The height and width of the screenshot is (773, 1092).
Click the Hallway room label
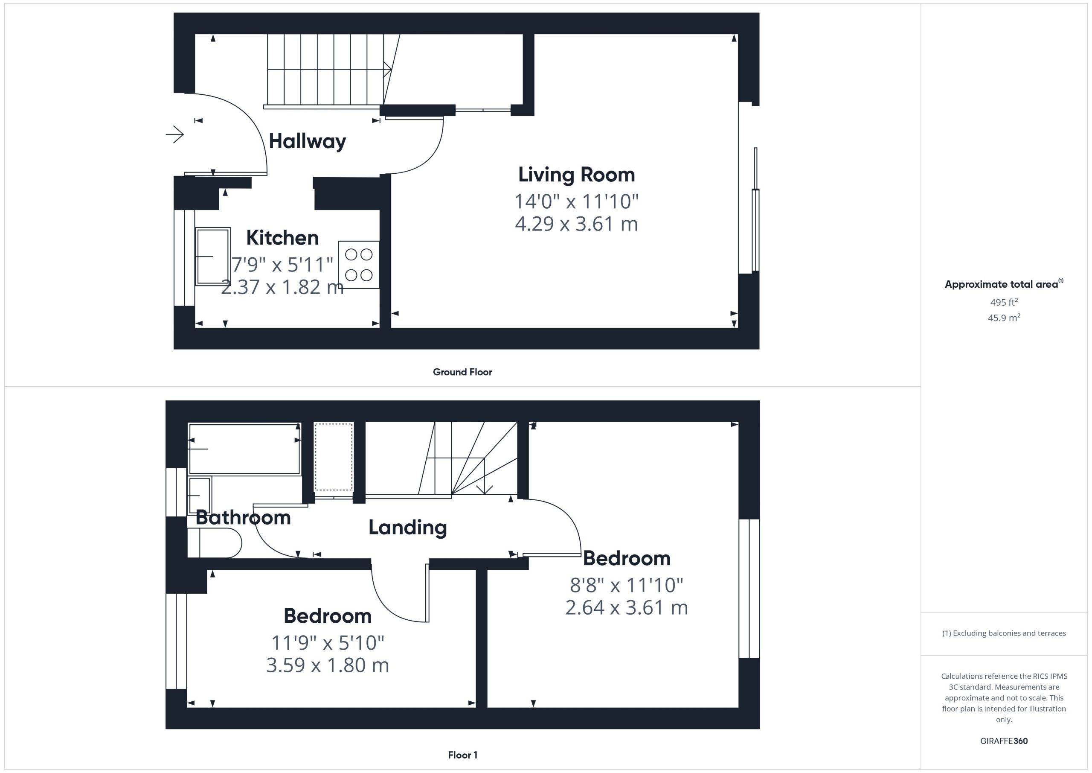pyautogui.click(x=307, y=141)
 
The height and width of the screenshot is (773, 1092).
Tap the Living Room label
pyautogui.click(x=576, y=175)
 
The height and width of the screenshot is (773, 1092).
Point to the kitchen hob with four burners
pyautogui.click(x=359, y=265)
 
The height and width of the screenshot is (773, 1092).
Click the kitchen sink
pyautogui.click(x=212, y=257)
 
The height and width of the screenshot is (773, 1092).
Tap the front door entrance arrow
pyautogui.click(x=174, y=135)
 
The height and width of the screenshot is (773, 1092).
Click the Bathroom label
pyautogui.click(x=243, y=517)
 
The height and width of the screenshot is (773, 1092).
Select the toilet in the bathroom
pyautogui.click(x=215, y=543)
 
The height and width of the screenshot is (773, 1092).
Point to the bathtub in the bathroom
pyautogui.click(x=244, y=449)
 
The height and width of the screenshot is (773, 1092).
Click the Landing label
pyautogui.click(x=408, y=528)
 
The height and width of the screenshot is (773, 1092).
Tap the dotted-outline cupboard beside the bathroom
pyautogui.click(x=334, y=457)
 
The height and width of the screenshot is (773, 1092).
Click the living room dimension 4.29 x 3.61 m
pyautogui.click(x=576, y=224)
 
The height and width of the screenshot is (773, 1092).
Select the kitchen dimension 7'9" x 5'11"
pyautogui.click(x=282, y=265)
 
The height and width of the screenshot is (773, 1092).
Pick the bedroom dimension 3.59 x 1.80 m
pyautogui.click(x=328, y=665)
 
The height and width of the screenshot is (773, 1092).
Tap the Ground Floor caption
pyautogui.click(x=462, y=372)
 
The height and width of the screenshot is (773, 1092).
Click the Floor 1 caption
pyautogui.click(x=463, y=755)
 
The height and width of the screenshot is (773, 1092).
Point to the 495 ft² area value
pyautogui.click(x=1004, y=302)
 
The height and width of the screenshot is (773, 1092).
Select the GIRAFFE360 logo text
pyautogui.click(x=1004, y=741)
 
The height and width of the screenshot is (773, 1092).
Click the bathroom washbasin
pyautogui.click(x=200, y=496)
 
